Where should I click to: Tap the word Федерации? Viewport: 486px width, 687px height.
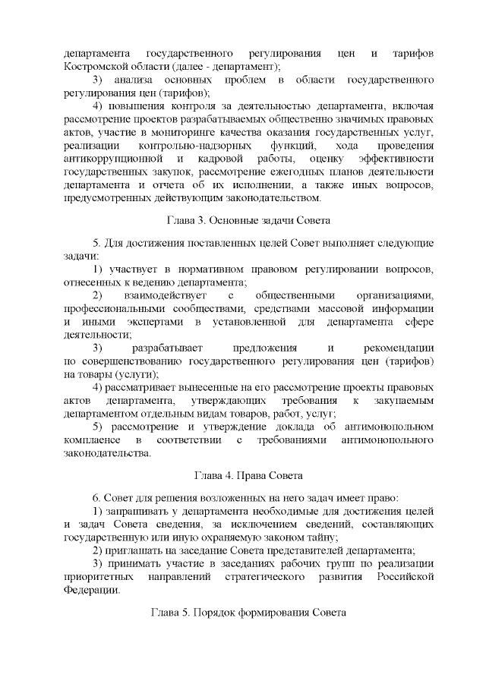(x=92, y=589)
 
